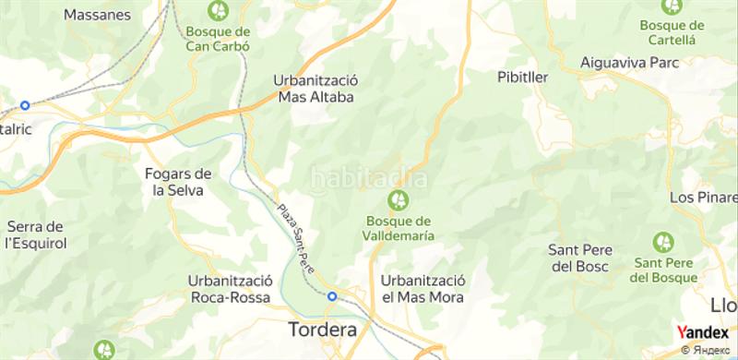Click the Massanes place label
pos(97,15)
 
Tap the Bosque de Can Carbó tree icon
pos(220,11)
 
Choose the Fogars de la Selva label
pos(179,181)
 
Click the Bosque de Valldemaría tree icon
pos(399,198)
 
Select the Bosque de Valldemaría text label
pos(399,228)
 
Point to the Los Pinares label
pos(703,198)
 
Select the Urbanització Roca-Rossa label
pos(228,289)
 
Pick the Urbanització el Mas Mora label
pos(423,289)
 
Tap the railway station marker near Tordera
pos(332,296)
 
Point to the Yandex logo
pos(703,332)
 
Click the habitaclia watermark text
pos(367,177)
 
